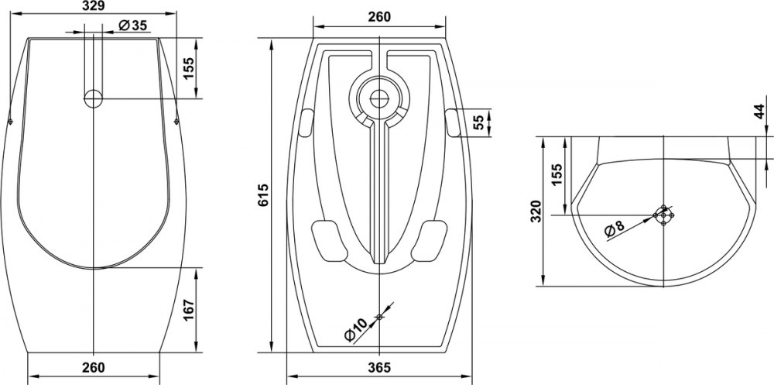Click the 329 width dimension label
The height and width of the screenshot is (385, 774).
(x=92, y=5)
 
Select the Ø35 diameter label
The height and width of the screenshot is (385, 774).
(x=133, y=26)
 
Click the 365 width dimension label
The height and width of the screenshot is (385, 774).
(x=379, y=367)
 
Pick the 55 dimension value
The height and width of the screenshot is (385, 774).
(x=478, y=122)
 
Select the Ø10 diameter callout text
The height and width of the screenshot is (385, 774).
(x=355, y=330)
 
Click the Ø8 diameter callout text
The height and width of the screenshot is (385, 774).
(x=615, y=229)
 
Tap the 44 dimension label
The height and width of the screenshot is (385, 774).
(x=760, y=112)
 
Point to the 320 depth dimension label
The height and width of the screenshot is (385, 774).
(x=536, y=211)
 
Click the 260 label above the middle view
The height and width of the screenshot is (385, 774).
(x=379, y=17)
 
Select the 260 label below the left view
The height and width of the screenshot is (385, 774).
(x=94, y=367)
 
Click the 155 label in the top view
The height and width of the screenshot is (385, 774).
(x=557, y=174)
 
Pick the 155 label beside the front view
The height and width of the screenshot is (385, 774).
(x=190, y=68)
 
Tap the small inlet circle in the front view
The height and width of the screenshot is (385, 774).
(x=94, y=98)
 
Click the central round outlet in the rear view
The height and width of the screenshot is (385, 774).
(x=379, y=98)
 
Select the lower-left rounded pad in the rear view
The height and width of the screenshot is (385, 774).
(x=330, y=241)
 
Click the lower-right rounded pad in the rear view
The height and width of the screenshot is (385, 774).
(x=429, y=241)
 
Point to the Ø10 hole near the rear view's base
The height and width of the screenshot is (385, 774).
(x=379, y=317)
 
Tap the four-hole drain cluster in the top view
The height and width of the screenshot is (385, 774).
(x=663, y=215)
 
